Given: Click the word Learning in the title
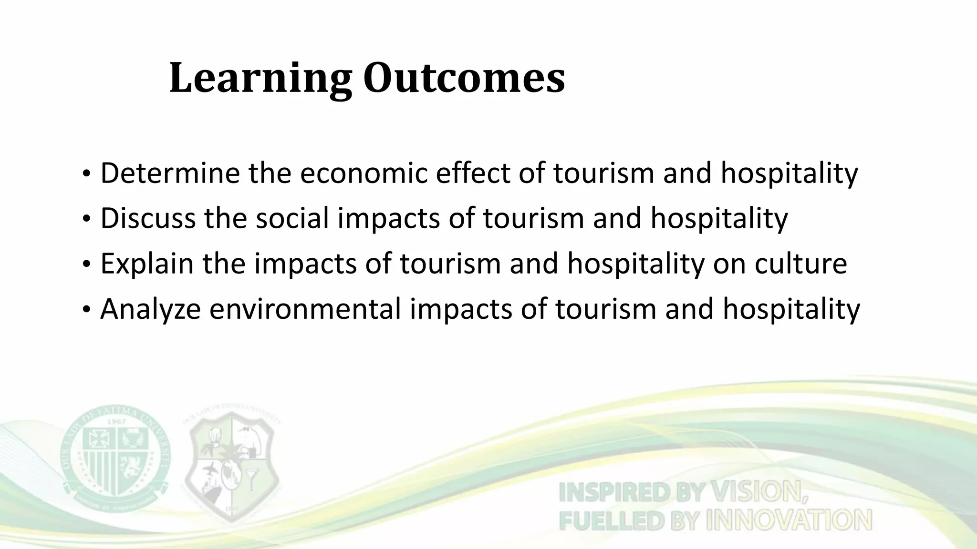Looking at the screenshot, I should pos(260,79).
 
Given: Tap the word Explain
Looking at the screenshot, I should pos(147,263).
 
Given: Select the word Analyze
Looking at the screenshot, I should pos(150,309).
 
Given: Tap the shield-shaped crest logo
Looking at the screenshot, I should pos(232,465).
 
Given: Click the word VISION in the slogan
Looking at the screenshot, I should pos(759,492).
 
